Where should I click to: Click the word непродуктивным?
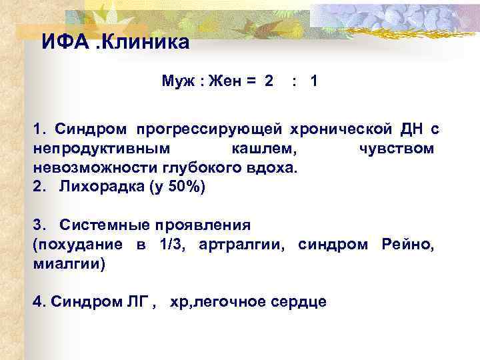click(x=100, y=148)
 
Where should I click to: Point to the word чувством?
click(x=397, y=148)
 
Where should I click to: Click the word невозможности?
click(x=85, y=167)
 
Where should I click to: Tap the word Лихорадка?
click(x=97, y=186)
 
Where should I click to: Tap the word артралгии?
click(x=244, y=244)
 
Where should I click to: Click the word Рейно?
click(x=407, y=244)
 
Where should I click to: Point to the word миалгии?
click(x=69, y=263)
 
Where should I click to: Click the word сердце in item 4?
click(x=300, y=301)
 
